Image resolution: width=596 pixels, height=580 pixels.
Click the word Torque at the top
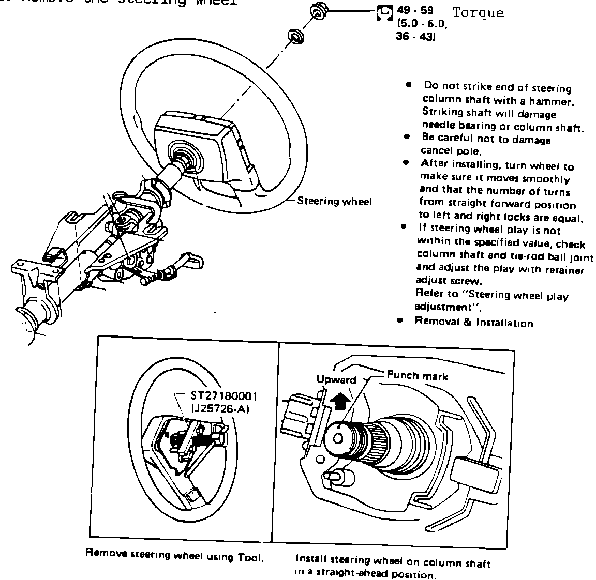click(478, 13)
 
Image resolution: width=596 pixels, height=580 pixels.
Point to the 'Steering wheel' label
click(334, 202)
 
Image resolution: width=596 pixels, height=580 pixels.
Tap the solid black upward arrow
click(340, 400)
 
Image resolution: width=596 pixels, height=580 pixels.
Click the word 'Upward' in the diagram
click(336, 380)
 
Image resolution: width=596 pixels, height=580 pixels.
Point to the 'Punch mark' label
click(417, 376)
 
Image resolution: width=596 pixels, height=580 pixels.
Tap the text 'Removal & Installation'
click(474, 323)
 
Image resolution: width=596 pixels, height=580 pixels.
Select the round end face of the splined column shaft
click(338, 438)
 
